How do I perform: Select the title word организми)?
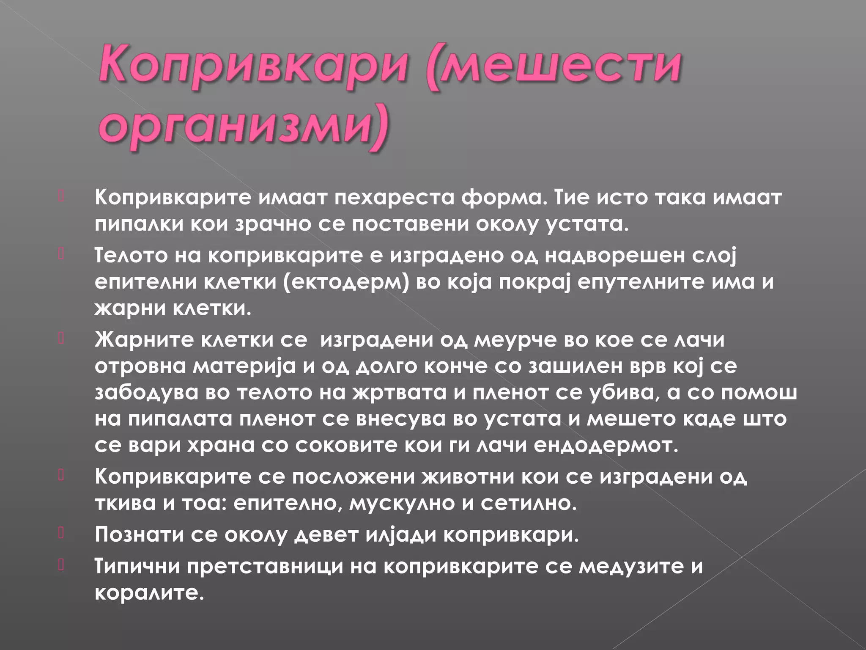pos(243,126)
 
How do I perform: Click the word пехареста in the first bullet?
pos(394,198)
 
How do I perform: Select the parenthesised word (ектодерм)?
pos(347,282)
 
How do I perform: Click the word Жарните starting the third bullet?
pos(144,340)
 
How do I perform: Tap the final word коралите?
pos(149,592)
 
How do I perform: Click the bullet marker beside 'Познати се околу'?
pos(61,533)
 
